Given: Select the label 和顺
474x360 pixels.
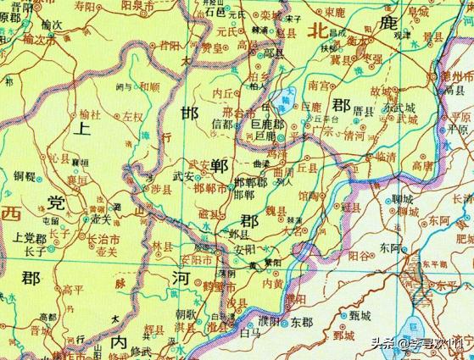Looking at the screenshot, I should click(148, 86).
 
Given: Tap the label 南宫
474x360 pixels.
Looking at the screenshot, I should click(320, 86).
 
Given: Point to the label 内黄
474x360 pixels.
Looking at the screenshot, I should click(273, 285).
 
